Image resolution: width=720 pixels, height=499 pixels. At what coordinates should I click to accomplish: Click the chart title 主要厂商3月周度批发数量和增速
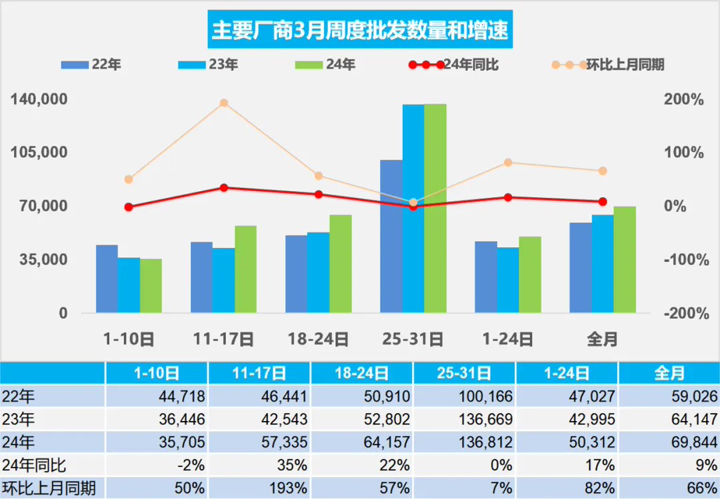[x=360, y=31]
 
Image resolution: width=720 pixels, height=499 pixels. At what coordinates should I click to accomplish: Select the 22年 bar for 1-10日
[x=107, y=278]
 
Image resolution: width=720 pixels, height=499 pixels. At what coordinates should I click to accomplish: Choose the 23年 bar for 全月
[x=603, y=263]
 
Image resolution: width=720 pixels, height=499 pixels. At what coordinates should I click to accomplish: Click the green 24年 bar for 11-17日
[x=245, y=269]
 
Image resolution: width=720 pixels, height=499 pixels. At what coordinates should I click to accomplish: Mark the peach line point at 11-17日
[x=224, y=103]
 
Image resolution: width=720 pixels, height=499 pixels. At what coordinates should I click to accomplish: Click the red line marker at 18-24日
[x=319, y=195]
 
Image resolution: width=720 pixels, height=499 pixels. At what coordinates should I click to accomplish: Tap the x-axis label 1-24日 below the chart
[x=508, y=339]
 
